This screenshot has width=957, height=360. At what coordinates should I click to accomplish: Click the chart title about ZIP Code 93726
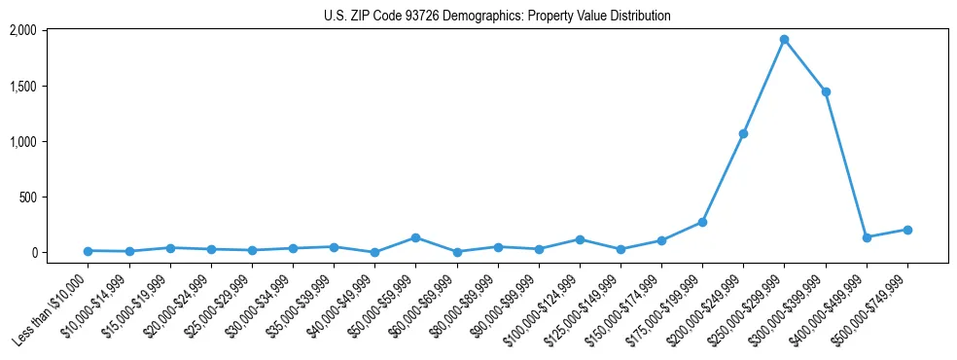pos(497,17)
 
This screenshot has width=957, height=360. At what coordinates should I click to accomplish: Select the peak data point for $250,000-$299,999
pos(784,40)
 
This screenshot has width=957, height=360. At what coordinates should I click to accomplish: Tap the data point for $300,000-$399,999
pos(826,91)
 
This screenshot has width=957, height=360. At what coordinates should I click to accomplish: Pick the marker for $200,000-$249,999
pos(743,133)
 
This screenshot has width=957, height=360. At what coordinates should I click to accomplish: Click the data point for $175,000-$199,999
pos(702,222)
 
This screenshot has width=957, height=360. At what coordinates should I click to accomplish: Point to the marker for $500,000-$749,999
pos(907,230)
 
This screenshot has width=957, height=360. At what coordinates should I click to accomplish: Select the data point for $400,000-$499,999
pos(867,237)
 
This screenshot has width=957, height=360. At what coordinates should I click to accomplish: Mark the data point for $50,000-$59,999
pos(415,237)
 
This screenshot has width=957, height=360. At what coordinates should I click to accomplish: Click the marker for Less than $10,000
pos(88,251)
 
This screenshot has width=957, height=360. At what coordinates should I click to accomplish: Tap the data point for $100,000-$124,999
pos(580,239)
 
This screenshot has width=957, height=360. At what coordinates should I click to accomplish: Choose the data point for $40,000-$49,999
pos(374,252)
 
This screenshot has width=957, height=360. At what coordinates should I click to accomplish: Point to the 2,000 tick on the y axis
pos(22,30)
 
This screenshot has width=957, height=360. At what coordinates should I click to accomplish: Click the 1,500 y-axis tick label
pos(22,86)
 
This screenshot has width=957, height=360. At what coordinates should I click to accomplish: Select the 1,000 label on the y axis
pos(22,141)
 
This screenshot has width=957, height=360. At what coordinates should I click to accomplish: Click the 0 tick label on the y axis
pos(33,252)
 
